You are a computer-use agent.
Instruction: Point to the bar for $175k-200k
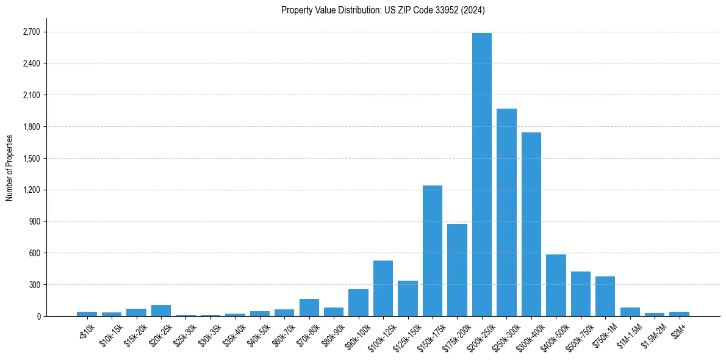pyautogui.click(x=457, y=272)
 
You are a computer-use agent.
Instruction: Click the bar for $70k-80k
pyautogui.click(x=309, y=308)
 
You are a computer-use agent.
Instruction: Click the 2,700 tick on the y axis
pyautogui.click(x=32, y=32)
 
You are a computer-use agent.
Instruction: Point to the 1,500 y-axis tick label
pyautogui.click(x=32, y=159)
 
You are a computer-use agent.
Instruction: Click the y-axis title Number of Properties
pyautogui.click(x=9, y=168)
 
